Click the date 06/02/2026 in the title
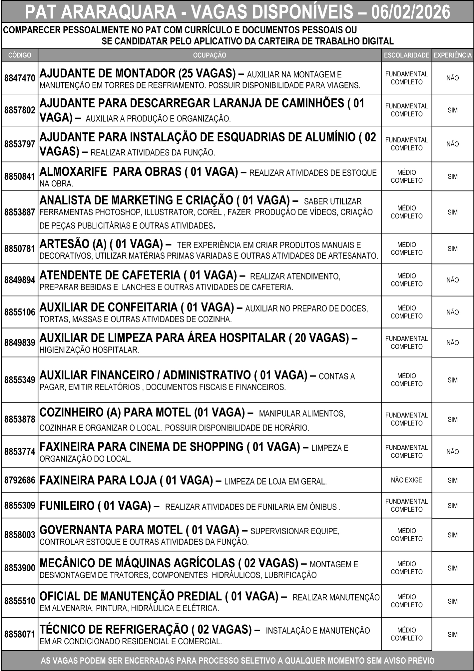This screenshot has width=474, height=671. tap(410, 12)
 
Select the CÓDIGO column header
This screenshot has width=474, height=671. tap(20, 55)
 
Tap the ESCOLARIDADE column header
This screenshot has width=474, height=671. tap(406, 55)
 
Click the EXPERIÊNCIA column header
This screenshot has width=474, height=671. tap(453, 55)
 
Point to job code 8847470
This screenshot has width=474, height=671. tap(20, 78)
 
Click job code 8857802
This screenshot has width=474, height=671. tap(20, 110)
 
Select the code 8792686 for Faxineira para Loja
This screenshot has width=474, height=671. tap(20, 480)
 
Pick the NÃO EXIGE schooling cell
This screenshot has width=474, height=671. tap(406, 480)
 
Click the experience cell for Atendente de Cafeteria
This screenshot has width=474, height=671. tap(453, 280)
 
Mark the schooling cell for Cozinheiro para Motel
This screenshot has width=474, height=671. tap(406, 419)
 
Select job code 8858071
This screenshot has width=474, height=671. tap(20, 634)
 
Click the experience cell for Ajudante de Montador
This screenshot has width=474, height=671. tap(453, 78)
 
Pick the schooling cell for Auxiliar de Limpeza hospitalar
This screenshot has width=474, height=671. tap(406, 343)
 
